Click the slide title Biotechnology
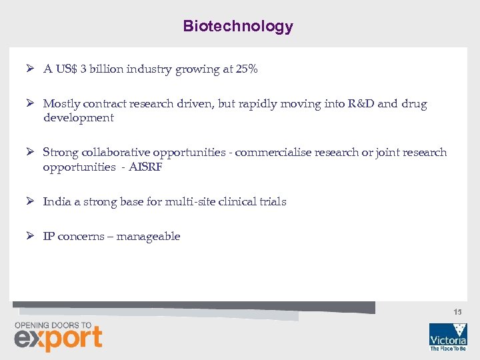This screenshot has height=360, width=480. (238, 27)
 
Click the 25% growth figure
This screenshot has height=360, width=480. (247, 69)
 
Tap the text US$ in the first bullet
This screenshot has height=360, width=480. (65, 69)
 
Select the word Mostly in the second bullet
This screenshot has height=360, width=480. (61, 104)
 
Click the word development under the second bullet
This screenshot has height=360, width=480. (79, 118)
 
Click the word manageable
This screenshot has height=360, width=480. (148, 237)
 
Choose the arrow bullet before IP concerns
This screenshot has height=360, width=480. (31, 237)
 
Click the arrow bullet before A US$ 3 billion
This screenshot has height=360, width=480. (31, 69)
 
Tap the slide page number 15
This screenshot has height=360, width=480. (457, 312)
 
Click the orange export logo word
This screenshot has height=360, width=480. (59, 339)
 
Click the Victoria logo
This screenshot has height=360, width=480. (448, 337)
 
